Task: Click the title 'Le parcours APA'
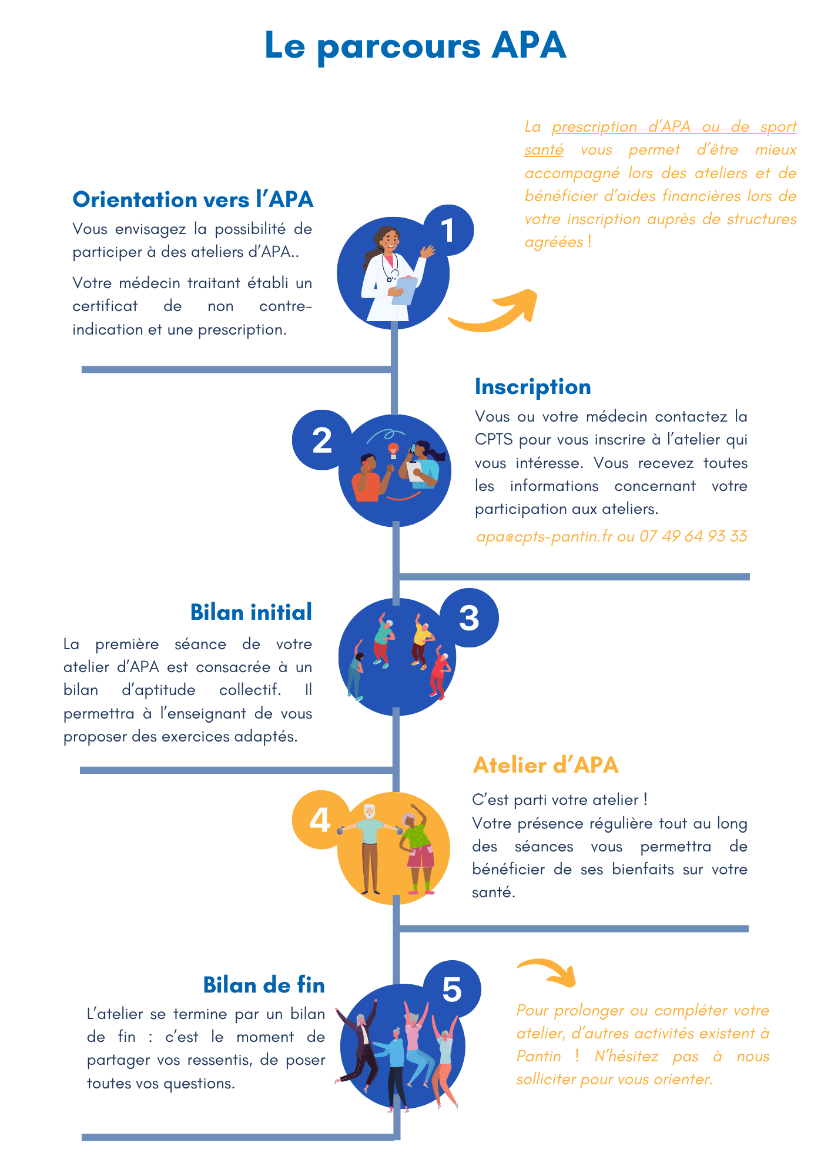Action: click(x=415, y=46)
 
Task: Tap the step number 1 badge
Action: click(x=448, y=230)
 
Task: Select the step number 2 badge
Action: click(x=321, y=440)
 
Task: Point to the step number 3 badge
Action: click(x=469, y=618)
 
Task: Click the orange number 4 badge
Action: click(x=320, y=820)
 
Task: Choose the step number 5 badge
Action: click(x=451, y=990)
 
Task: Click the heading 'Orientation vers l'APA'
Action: click(x=193, y=200)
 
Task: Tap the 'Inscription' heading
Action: click(x=532, y=387)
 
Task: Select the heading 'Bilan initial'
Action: click(x=251, y=613)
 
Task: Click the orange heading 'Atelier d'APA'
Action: click(x=545, y=765)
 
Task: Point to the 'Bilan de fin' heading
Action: click(x=264, y=985)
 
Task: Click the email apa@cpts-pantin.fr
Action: click(x=544, y=536)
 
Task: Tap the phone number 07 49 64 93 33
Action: click(x=693, y=536)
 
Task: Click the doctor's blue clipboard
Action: click(x=404, y=290)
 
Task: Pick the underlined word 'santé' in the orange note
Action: click(x=544, y=150)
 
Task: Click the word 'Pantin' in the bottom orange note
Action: click(x=538, y=1057)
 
